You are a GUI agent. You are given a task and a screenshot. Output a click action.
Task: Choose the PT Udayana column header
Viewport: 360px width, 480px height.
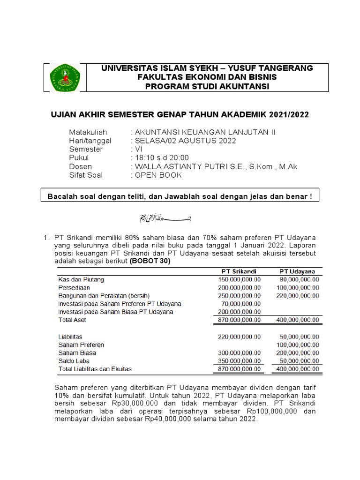(x=297, y=271)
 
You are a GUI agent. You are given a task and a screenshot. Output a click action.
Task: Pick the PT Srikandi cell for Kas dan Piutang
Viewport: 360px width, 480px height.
(x=240, y=279)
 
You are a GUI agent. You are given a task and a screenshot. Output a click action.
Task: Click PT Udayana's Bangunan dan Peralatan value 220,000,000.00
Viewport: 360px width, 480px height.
(x=298, y=296)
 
